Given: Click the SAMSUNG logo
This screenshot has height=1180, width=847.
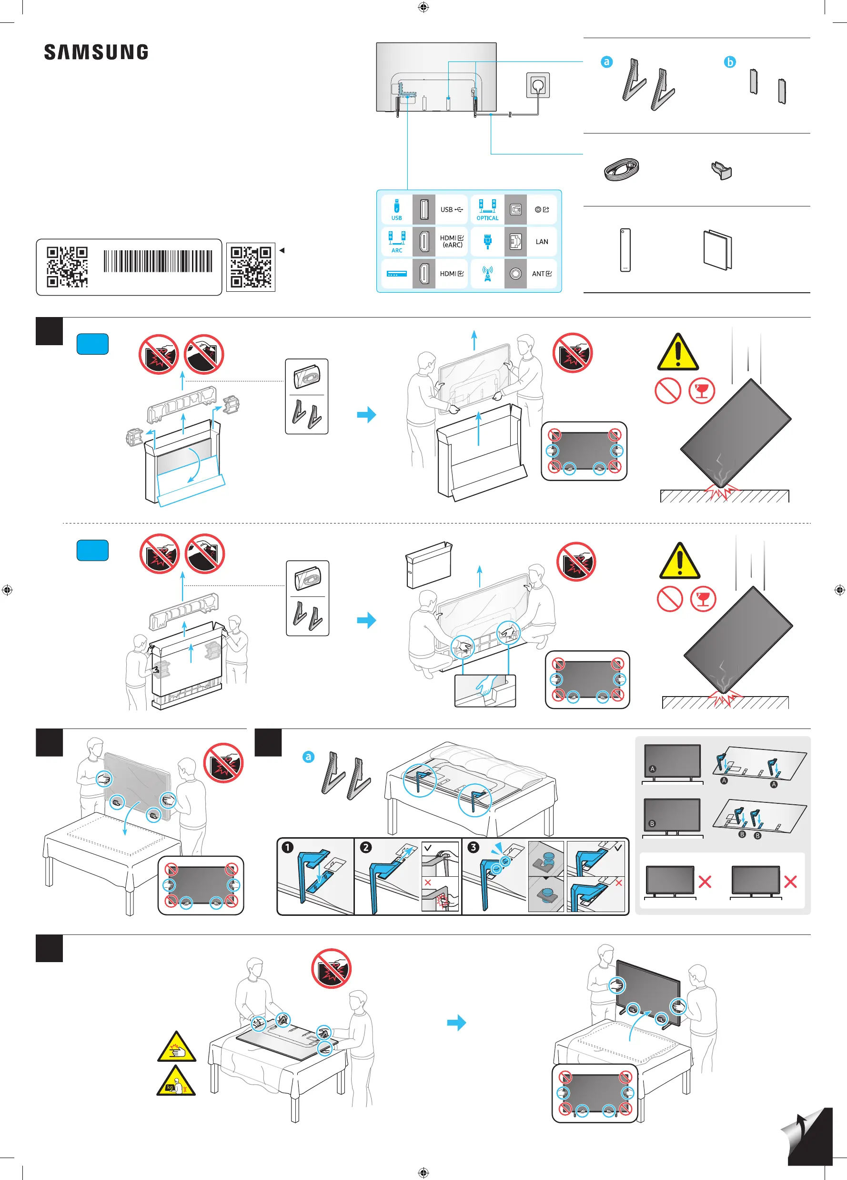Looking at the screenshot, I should point(96,52).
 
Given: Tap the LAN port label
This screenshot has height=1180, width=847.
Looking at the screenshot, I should point(542,242).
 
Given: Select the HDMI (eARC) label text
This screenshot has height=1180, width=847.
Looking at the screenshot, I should point(452,241).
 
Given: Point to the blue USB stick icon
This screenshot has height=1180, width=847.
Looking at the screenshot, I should point(397,206).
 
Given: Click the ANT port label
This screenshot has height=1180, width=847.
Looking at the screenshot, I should point(541,274).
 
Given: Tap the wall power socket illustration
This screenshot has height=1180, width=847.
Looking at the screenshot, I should point(538,84).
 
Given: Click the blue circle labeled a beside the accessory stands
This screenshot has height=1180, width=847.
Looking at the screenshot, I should point(606,62).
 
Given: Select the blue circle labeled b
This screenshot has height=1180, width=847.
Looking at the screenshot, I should point(730,62).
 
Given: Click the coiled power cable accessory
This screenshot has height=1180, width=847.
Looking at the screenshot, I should point(621,169).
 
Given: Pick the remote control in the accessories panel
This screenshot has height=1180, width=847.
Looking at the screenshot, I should point(625,250).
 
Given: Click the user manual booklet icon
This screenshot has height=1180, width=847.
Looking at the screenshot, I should point(717,250).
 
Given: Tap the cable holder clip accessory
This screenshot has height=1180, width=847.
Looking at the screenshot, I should point(722,170).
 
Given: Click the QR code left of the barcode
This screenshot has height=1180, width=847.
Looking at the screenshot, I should point(67,267).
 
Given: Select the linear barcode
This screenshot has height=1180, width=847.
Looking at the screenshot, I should point(158,261).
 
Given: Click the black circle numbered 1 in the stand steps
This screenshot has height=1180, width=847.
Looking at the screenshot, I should point(287,848).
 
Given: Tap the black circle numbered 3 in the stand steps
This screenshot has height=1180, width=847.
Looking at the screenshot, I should point(473,847).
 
